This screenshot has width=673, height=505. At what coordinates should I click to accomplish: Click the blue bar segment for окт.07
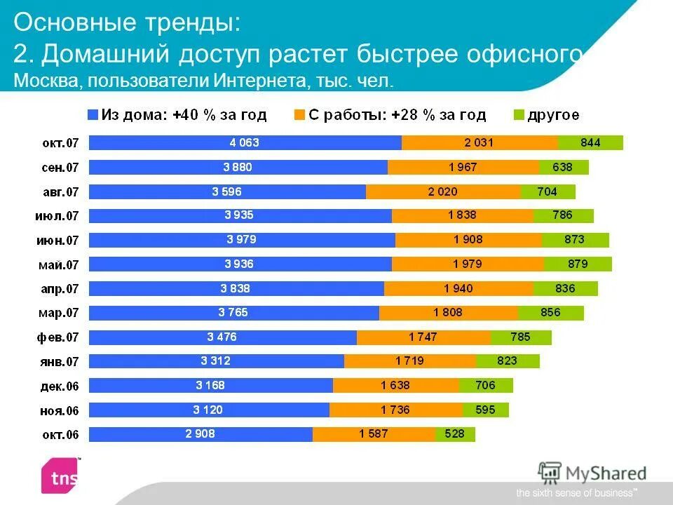[245, 143]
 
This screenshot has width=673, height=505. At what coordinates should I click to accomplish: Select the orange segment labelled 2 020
[443, 191]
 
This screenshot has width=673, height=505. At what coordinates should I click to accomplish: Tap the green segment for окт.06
[454, 434]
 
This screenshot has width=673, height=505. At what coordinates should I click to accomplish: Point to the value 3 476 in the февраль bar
[222, 337]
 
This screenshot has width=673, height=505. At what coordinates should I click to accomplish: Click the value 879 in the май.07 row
[578, 264]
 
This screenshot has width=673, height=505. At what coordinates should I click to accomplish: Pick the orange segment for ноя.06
[395, 410]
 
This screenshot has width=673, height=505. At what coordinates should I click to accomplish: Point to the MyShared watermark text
[607, 473]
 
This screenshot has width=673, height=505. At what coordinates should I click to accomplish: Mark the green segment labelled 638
[564, 167]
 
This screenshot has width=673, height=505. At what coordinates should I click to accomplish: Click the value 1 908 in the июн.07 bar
[468, 240]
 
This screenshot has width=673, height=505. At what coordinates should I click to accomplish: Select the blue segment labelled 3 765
[233, 313]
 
